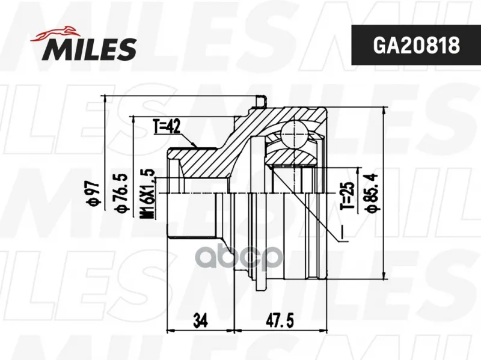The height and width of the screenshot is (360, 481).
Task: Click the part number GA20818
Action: [416, 46]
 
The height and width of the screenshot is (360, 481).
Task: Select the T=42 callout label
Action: [167, 127]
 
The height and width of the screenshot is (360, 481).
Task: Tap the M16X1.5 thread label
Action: [148, 194]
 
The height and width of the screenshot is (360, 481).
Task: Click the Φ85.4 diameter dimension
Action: [372, 192]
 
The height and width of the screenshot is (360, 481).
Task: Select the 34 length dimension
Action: [201, 320]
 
